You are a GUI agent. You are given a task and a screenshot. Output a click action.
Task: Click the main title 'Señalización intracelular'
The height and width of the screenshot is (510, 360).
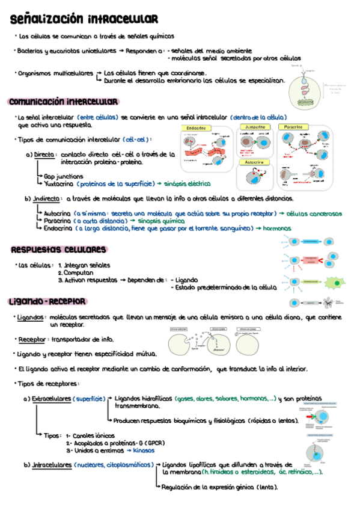84,20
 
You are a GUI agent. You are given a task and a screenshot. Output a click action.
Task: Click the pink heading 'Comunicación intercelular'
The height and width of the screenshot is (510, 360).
63,102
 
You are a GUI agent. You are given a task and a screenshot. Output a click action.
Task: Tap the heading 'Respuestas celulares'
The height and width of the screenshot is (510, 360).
59,250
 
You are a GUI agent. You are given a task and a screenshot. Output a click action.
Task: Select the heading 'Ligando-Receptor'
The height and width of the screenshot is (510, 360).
47,301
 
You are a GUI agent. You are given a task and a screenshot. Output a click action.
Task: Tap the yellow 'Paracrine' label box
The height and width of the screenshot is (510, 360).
293,127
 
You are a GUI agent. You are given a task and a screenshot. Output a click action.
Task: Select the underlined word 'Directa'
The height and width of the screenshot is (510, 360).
44,155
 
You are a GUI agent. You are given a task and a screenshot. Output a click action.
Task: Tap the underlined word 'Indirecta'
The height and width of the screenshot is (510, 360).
48,198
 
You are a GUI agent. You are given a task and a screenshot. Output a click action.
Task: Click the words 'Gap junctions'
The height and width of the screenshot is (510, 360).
63,176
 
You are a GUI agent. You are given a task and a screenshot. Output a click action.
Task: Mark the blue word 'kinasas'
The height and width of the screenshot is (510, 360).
143,450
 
